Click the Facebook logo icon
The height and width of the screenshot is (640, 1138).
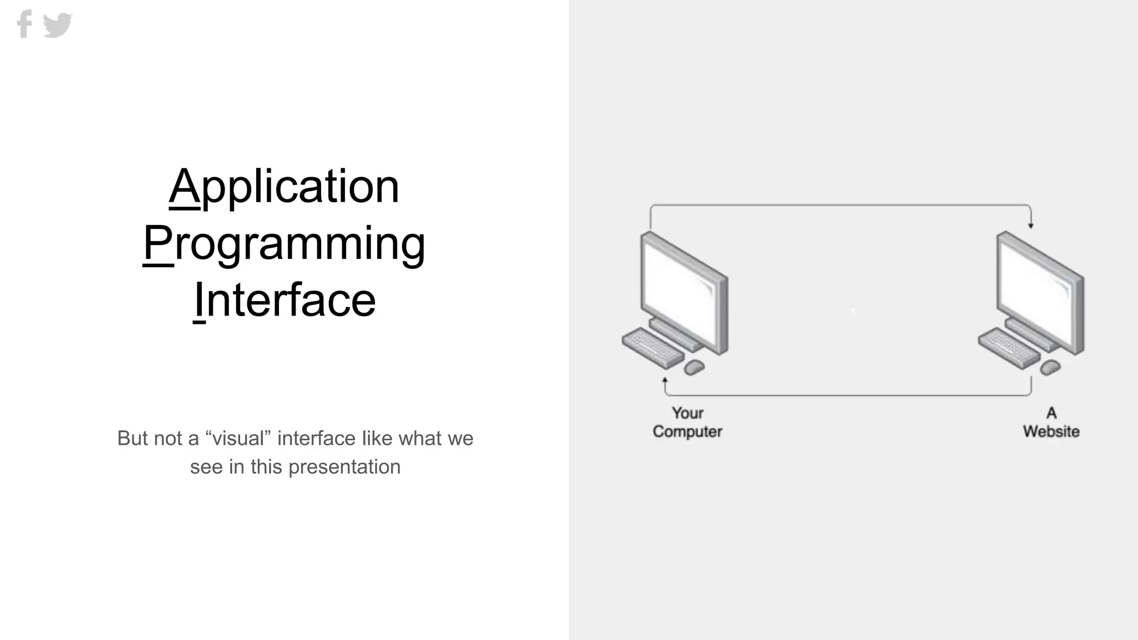click(x=24, y=24)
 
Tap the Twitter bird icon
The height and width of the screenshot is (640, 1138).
click(x=58, y=25)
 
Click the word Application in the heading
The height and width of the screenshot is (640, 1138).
click(x=284, y=186)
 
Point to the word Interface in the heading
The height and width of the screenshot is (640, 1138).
click(x=284, y=300)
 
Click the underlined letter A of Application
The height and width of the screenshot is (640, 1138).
click(x=184, y=186)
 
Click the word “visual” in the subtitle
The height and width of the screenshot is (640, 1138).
click(x=238, y=438)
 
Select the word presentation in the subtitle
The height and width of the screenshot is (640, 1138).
click(x=345, y=467)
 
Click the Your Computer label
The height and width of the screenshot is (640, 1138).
click(x=687, y=422)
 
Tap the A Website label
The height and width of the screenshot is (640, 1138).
click(x=1051, y=422)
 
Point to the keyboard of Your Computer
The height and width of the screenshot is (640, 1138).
click(x=652, y=347)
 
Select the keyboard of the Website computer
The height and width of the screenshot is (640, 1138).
click(x=1009, y=347)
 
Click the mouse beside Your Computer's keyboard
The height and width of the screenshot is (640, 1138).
click(x=694, y=367)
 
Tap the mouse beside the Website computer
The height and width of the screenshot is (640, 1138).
click(x=1050, y=367)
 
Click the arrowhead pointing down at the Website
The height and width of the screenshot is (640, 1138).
click(x=1031, y=226)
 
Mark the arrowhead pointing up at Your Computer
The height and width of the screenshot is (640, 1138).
click(x=665, y=381)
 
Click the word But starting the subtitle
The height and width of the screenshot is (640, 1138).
click(x=133, y=438)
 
